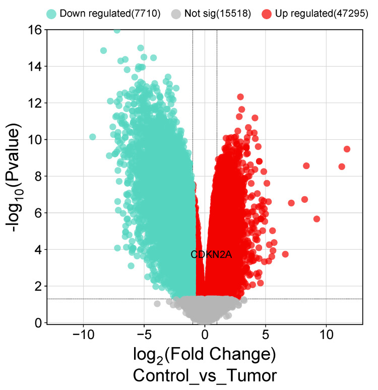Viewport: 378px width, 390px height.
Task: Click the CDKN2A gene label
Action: click(x=211, y=254)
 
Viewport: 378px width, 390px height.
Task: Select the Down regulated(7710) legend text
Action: click(x=110, y=14)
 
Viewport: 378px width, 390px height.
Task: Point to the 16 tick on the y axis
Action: click(x=35, y=30)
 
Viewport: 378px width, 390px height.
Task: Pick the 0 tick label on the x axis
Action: click(x=205, y=336)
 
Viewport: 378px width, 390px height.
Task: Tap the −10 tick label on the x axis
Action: click(x=83, y=336)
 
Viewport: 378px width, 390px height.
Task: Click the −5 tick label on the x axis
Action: click(x=144, y=336)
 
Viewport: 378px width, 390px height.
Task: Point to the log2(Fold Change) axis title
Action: click(x=205, y=355)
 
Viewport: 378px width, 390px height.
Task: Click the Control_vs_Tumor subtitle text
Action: click(x=205, y=376)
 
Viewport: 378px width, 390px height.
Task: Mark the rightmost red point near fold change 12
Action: click(x=347, y=149)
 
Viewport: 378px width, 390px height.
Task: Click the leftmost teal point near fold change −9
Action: click(x=92, y=137)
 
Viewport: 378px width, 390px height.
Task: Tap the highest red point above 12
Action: click(x=240, y=96)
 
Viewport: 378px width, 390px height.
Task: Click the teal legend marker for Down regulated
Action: click(x=51, y=14)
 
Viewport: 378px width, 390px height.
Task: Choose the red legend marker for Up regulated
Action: click(x=267, y=14)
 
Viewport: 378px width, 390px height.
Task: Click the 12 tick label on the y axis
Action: click(x=35, y=103)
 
